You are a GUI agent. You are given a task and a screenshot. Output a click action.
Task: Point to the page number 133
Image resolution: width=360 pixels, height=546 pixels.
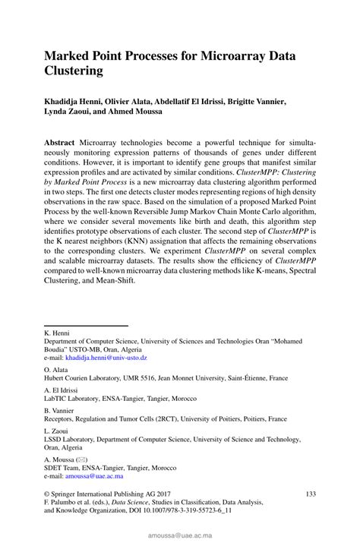(310, 494)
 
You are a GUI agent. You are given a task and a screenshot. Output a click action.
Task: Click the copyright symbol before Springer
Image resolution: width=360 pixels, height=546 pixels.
(48, 494)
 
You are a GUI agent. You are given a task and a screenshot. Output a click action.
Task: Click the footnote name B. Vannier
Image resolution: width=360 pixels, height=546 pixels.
(60, 409)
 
